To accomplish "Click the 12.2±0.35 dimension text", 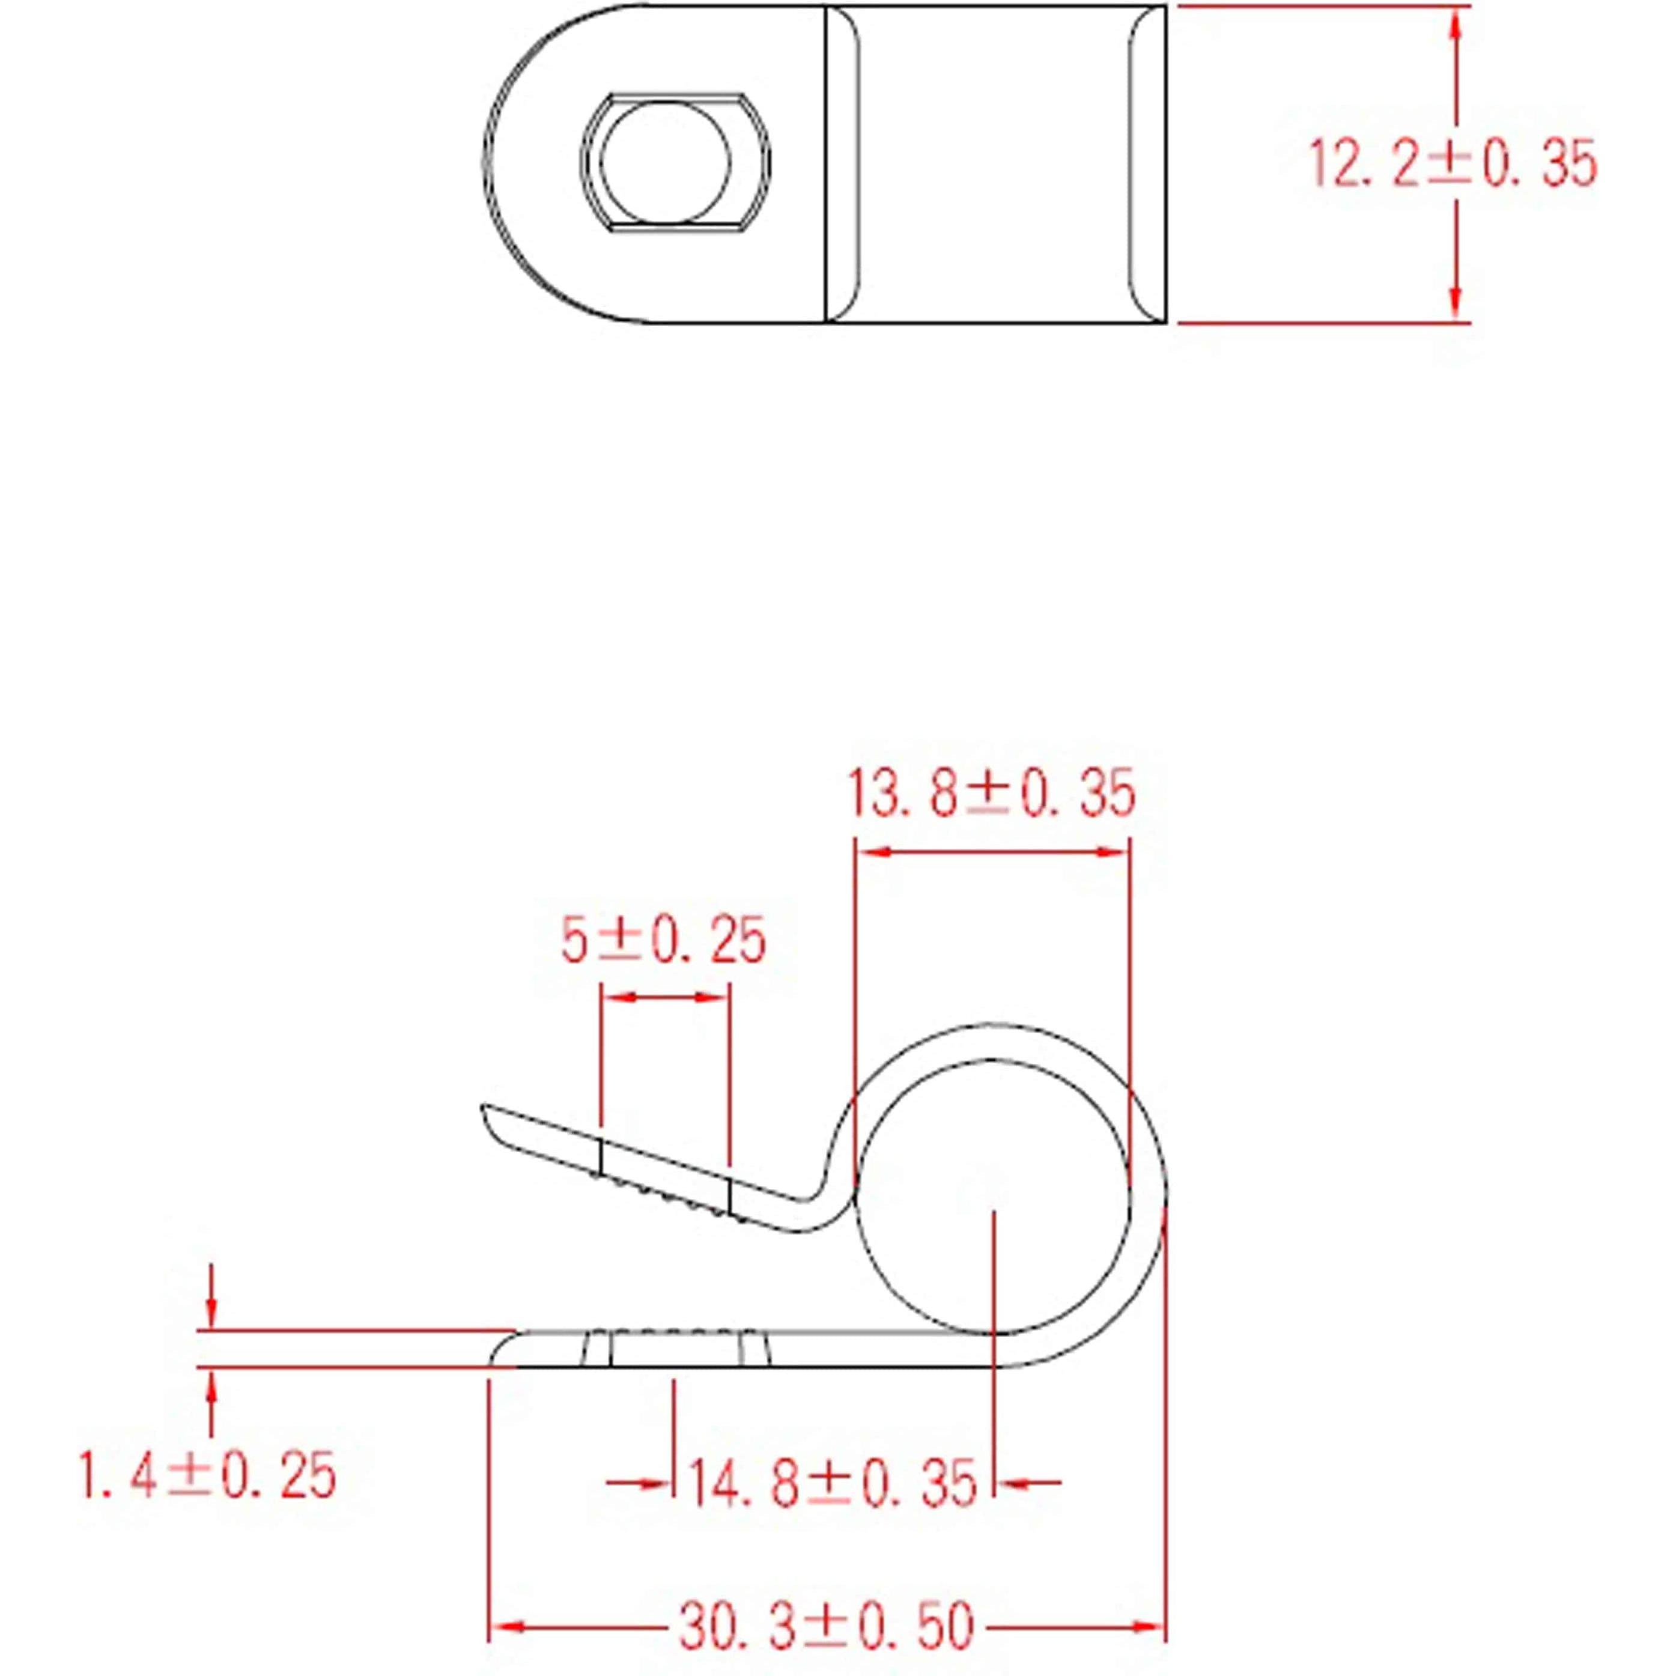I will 1451,164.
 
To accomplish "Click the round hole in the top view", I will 666,163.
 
